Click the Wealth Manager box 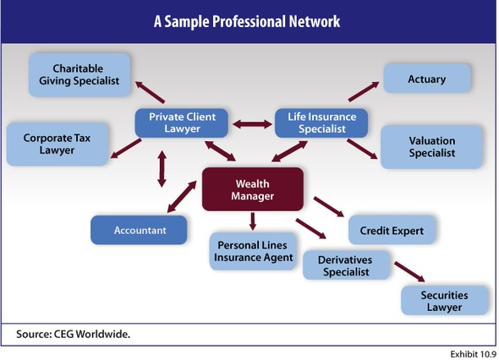point(253,189)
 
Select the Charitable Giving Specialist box point(80,74)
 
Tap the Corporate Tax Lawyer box point(58,144)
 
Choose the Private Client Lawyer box point(181,123)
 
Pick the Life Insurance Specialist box point(321,123)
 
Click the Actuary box point(427,79)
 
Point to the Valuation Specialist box point(431,147)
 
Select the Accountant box point(139,230)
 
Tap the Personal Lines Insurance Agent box point(253,251)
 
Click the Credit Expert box point(392,230)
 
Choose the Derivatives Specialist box point(346,265)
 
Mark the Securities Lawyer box point(444,301)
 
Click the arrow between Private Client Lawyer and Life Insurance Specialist point(252,124)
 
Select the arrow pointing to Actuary point(364,91)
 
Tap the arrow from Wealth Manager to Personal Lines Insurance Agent point(253,221)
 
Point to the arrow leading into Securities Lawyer point(409,272)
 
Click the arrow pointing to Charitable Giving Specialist point(150,92)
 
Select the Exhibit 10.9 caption point(474,354)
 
